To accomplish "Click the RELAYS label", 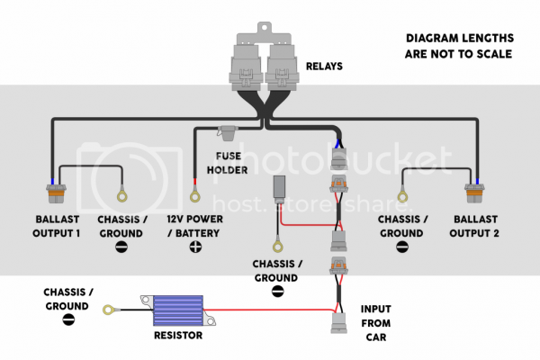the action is click(324, 66).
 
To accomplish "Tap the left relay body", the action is click(247, 67).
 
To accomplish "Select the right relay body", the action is click(283, 67).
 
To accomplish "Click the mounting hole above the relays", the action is click(265, 26).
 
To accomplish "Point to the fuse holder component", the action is click(228, 132).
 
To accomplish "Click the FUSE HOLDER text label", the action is click(228, 163).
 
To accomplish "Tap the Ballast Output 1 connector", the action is click(56, 193).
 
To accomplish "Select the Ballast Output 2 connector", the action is click(474, 193).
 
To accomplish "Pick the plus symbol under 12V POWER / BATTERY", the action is click(195, 247).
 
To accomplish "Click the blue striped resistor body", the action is click(178, 310).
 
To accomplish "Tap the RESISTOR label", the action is click(178, 335).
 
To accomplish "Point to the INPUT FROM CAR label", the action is click(375, 323).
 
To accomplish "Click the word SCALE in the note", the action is click(494, 54).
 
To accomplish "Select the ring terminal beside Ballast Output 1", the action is click(121, 195).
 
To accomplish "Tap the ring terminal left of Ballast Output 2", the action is click(402, 195).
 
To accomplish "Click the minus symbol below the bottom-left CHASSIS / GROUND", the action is click(68, 319).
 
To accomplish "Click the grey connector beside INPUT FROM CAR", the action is click(339, 323).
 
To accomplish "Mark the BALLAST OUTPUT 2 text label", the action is click(474, 226).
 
